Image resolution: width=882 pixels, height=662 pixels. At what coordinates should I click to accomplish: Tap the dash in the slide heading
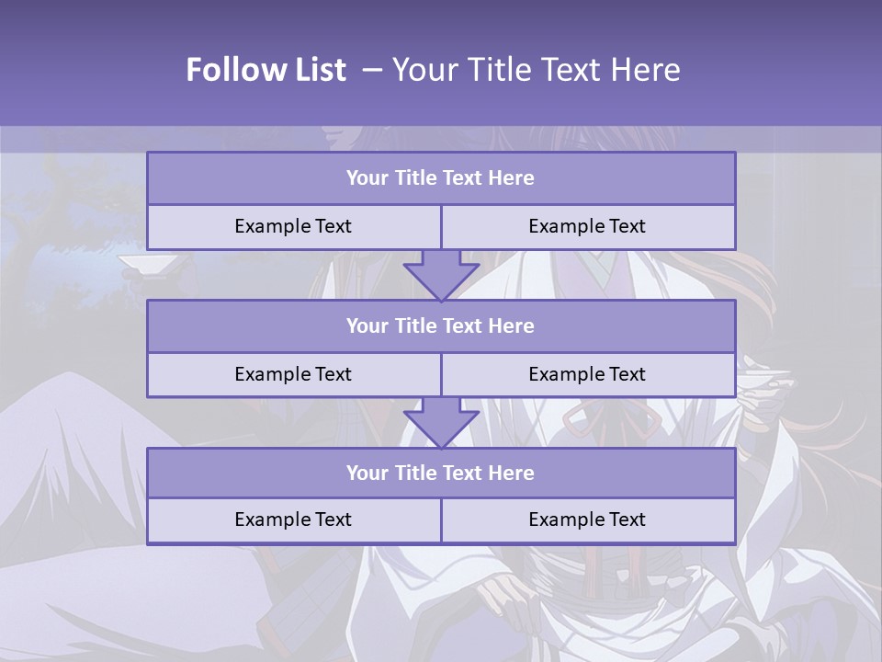tap(372, 70)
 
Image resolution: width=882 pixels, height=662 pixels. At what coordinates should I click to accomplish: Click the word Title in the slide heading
tap(499, 70)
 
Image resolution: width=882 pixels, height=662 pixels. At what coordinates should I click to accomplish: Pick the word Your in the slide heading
tap(424, 70)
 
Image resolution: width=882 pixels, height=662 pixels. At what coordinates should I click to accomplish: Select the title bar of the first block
tap(441, 178)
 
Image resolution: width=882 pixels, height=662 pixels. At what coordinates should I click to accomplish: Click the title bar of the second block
tap(441, 326)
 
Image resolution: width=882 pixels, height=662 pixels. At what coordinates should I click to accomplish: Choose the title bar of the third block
tap(441, 474)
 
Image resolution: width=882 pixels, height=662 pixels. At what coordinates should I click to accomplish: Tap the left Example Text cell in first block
tap(293, 227)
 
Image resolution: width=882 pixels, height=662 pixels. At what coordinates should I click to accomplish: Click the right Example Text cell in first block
tap(588, 227)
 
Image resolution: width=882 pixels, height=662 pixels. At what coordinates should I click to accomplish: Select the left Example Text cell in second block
tap(293, 375)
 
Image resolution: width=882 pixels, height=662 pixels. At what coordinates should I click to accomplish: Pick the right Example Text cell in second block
tap(588, 375)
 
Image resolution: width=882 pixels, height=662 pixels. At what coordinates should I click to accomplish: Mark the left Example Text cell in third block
tap(293, 520)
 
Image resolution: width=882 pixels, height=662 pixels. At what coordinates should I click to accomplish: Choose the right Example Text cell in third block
tap(588, 520)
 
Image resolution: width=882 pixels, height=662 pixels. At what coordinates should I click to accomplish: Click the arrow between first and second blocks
tap(441, 274)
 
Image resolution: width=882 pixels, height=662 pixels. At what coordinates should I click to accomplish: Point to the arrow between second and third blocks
tap(441, 421)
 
